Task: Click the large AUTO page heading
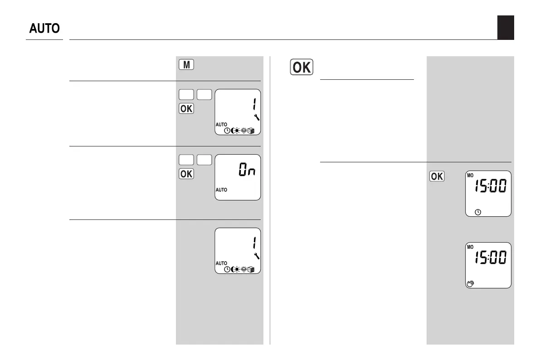click(x=44, y=29)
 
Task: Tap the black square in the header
click(x=505, y=27)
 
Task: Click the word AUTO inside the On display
click(x=221, y=190)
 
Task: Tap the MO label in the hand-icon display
click(x=470, y=247)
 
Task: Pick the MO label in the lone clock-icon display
click(x=470, y=175)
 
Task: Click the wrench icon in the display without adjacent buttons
click(x=257, y=256)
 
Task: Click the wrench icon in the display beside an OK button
click(x=257, y=117)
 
